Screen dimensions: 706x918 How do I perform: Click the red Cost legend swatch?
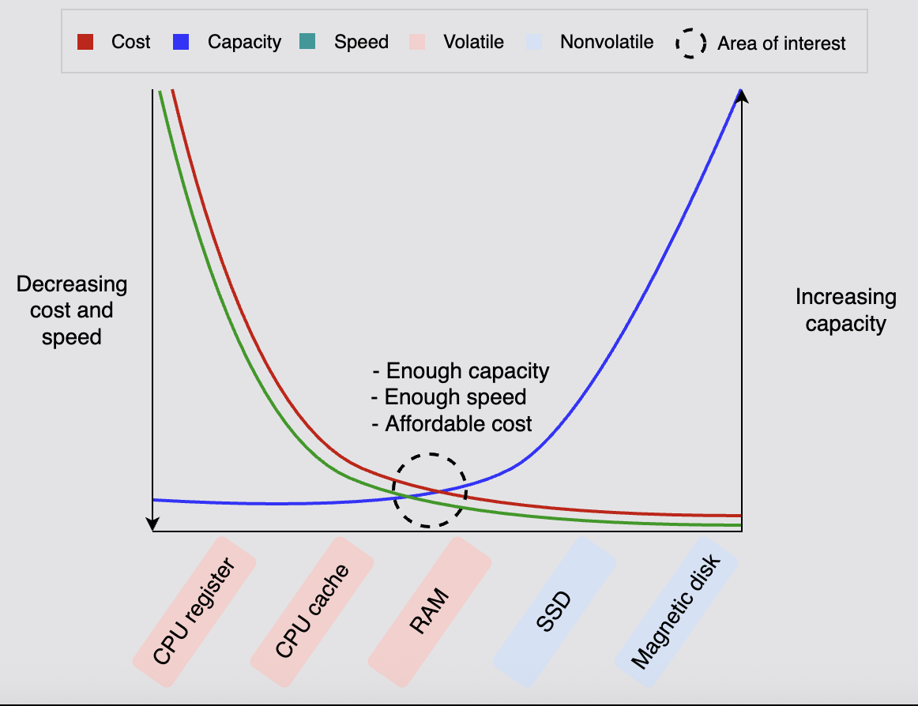[x=85, y=42]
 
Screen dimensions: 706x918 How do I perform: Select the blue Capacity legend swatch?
[x=180, y=42]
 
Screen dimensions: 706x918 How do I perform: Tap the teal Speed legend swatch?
[x=307, y=42]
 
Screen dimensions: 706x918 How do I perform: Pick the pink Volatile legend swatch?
[x=417, y=42]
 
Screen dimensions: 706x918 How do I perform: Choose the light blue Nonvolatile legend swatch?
[x=533, y=42]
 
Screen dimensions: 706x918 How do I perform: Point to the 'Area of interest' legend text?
[x=781, y=43]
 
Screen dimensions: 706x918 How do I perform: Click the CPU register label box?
[x=194, y=612]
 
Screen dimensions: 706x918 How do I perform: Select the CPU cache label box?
[x=312, y=612]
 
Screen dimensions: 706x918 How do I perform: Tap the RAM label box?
[x=430, y=612]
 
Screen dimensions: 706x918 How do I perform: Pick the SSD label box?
[x=554, y=612]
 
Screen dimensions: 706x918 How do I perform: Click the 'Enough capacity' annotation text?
[x=461, y=371]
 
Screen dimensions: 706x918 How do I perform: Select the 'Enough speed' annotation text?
[x=449, y=397]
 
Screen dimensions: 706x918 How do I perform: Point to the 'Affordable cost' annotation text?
[x=452, y=424]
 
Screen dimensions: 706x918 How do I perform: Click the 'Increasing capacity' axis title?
[x=845, y=310]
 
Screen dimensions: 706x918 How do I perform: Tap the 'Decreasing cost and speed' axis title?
[x=72, y=310]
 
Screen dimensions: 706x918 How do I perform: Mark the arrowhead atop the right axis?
[x=742, y=96]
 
